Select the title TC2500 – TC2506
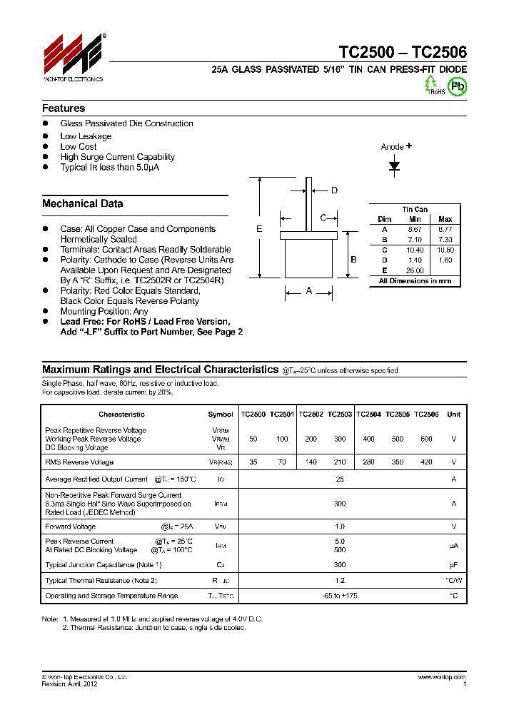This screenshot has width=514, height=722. (403, 52)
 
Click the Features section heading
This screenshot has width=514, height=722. (64, 108)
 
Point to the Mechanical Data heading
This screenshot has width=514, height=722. (82, 203)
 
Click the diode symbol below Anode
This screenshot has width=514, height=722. (394, 166)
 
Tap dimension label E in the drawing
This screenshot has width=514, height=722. (259, 229)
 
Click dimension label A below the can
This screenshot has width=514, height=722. (308, 290)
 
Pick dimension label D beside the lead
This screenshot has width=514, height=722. (334, 190)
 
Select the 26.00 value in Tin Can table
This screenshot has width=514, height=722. (415, 270)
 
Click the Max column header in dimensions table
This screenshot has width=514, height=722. (445, 219)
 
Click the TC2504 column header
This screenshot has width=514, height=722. (368, 415)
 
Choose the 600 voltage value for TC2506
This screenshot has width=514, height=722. (426, 439)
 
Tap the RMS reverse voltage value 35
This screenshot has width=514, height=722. (253, 462)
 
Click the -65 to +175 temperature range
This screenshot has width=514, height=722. (340, 595)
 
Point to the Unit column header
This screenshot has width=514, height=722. (453, 415)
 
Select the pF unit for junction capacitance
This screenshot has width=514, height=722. (453, 564)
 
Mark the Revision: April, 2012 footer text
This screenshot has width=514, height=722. (70, 683)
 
